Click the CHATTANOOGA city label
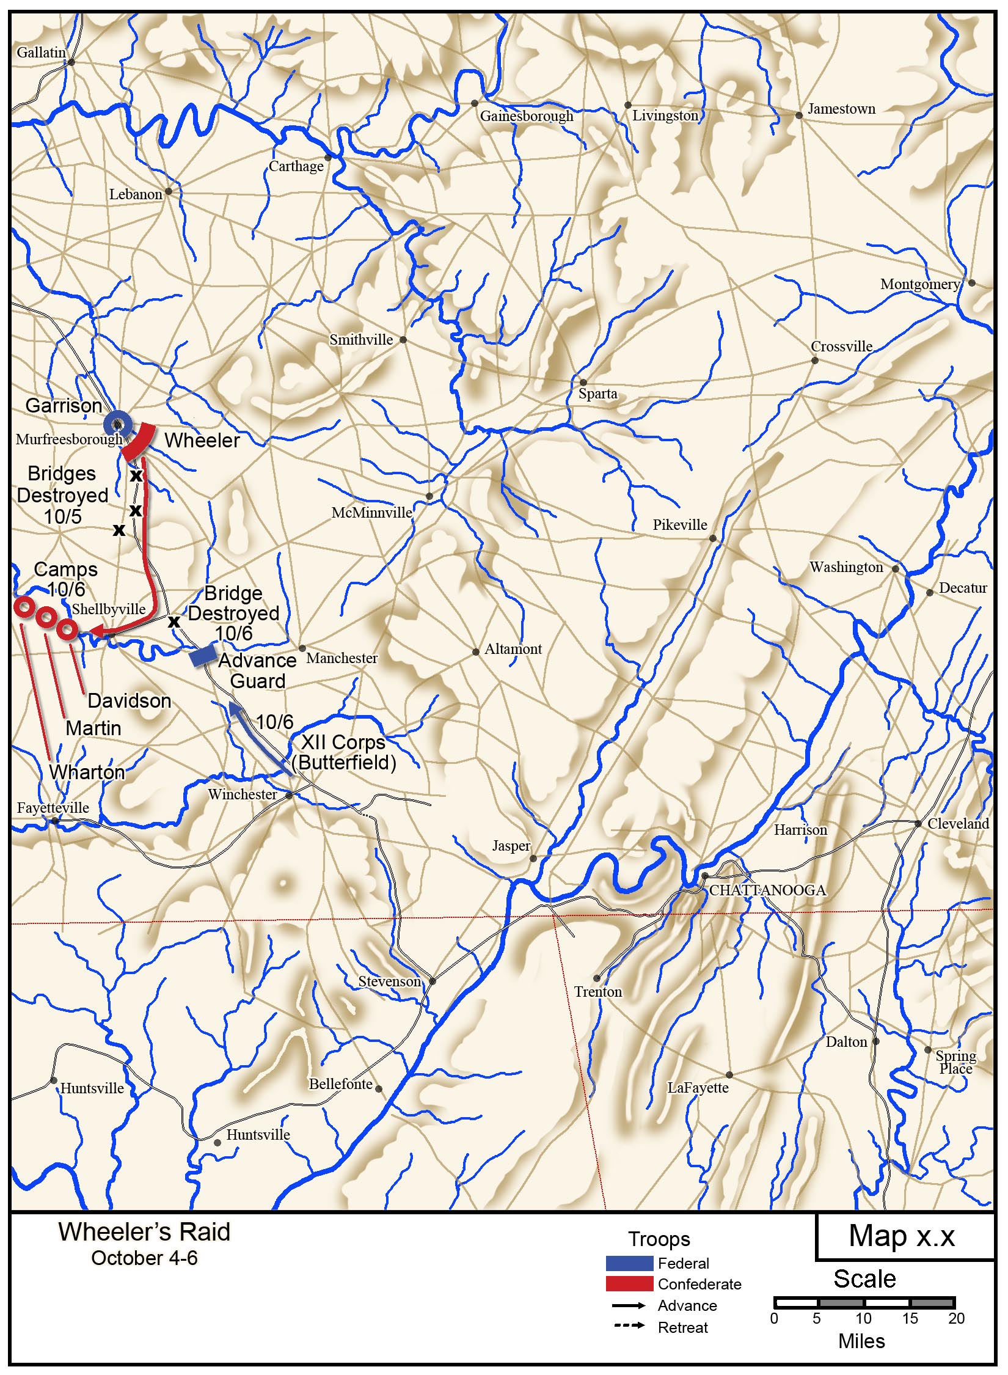click(767, 890)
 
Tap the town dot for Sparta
click(583, 383)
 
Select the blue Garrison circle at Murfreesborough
click(117, 424)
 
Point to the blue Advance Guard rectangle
click(202, 656)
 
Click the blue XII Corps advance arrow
click(260, 738)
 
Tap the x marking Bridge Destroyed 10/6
click(174, 621)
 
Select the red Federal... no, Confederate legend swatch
click(629, 1283)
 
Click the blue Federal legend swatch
click(629, 1263)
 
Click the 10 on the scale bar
click(863, 1318)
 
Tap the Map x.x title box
click(902, 1236)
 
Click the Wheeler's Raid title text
click(144, 1231)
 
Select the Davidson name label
click(129, 700)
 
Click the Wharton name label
click(87, 772)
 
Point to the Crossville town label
click(841, 346)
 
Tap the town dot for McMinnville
click(429, 496)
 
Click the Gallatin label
click(41, 53)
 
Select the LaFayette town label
click(698, 1088)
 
